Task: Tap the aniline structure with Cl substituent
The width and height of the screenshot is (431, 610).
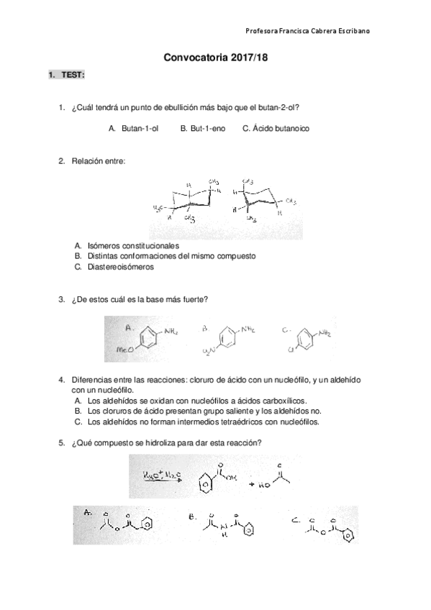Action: (307, 338)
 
